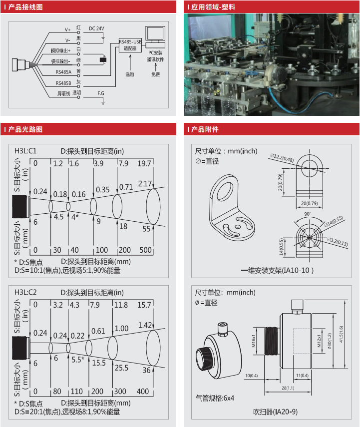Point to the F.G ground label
[x=100, y=93]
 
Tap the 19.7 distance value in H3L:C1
[x=144, y=163]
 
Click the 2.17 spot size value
[x=145, y=183]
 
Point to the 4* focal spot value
[x=75, y=217]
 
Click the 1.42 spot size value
[x=144, y=325]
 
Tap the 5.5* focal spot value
[x=77, y=359]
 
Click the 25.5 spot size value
[x=121, y=368]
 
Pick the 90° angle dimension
[x=308, y=214]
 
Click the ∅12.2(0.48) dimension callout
[x=282, y=158]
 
